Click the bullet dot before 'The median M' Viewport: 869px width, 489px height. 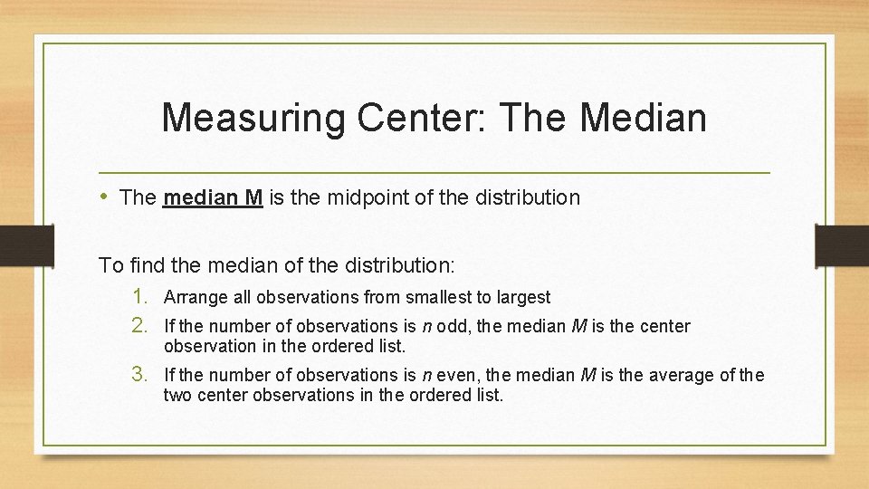105,197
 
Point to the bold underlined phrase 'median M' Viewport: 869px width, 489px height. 213,197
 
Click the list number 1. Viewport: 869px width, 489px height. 141,296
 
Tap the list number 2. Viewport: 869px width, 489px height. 141,325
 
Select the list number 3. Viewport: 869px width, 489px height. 141,374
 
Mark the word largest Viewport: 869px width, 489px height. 524,297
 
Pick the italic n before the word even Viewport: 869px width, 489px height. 425,375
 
